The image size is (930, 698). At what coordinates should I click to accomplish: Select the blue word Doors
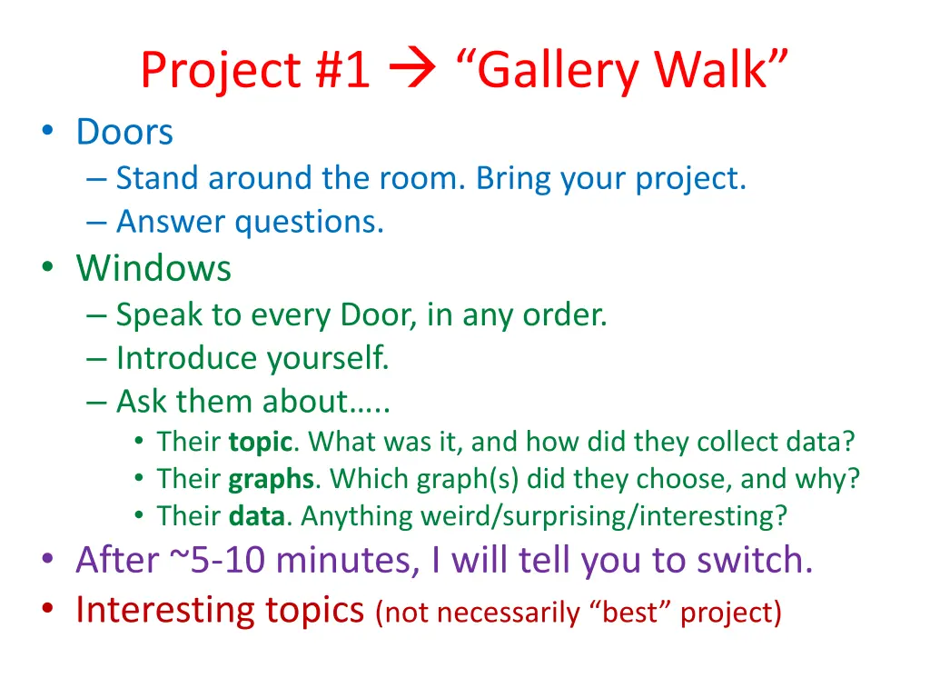124,133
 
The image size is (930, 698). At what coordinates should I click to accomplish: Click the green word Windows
153,269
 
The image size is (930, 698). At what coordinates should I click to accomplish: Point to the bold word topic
260,443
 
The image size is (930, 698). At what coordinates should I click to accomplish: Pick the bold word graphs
271,479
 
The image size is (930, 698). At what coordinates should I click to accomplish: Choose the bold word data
257,516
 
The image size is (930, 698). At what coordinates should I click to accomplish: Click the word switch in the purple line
754,561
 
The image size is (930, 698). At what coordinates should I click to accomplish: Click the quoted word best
636,613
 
